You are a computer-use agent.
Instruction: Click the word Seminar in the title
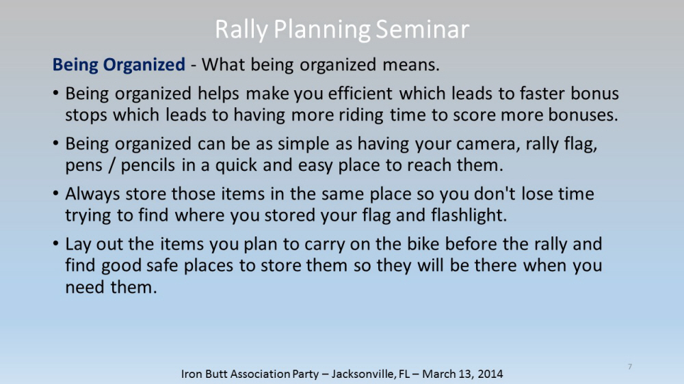422,29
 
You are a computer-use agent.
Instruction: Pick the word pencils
148,165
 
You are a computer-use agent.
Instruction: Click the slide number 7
630,366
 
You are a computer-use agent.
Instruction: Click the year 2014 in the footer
490,374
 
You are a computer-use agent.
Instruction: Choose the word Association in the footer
261,374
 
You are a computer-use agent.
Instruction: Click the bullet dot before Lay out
55,243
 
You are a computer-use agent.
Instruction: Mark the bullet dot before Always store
55,193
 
